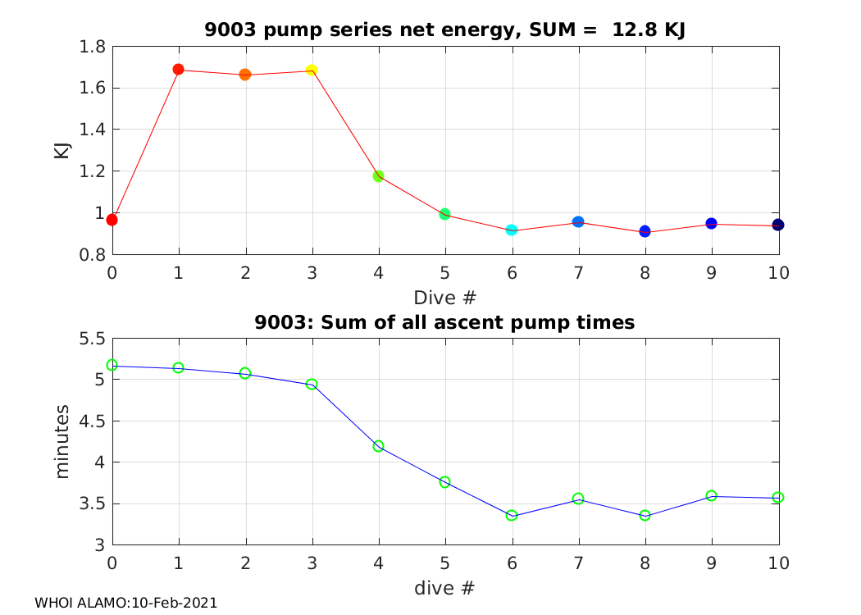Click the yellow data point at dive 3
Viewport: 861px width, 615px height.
312,71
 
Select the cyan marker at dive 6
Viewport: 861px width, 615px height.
512,230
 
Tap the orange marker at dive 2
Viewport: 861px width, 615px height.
245,75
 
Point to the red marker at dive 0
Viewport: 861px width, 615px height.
112,220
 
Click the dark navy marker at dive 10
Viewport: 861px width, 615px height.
778,225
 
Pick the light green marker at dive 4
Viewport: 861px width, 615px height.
379,176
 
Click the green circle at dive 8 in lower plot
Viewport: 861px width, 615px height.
645,516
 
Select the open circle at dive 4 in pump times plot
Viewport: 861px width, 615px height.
378,446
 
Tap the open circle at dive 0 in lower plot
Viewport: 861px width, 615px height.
112,365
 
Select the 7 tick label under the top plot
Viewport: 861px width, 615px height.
579,272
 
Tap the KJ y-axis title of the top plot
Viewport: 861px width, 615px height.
61,150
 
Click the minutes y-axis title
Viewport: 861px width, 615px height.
63,441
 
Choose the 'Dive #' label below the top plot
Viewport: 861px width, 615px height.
445,296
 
